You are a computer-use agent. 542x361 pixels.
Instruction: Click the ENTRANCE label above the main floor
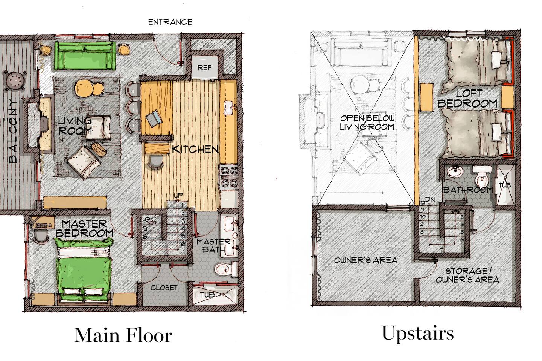[x=170, y=22]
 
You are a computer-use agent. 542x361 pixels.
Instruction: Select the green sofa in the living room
[x=85, y=56]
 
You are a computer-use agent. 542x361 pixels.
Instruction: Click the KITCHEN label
[x=195, y=149]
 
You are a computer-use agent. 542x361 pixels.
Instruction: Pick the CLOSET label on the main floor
[x=164, y=288]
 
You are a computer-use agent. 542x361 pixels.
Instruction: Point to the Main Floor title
[x=123, y=335]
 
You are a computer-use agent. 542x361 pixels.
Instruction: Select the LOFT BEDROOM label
[x=467, y=99]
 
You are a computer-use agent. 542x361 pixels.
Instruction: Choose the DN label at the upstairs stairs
[x=430, y=200]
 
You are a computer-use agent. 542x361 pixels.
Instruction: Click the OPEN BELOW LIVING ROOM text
[x=367, y=123]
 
